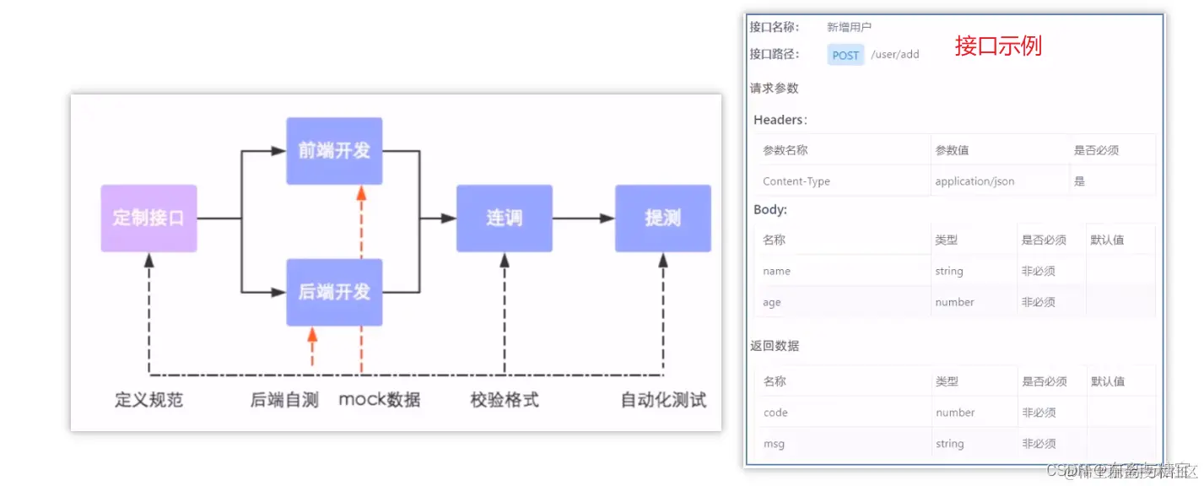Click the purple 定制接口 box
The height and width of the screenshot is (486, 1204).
click(148, 218)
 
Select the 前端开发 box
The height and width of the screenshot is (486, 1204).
click(334, 151)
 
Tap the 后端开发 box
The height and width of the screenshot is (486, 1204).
click(334, 292)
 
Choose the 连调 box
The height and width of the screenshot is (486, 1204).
click(505, 218)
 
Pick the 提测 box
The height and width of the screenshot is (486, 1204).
click(662, 218)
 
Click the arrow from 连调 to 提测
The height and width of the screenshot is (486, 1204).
click(584, 219)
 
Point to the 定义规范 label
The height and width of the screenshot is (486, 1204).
click(148, 400)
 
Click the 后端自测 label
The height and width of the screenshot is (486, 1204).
click(284, 400)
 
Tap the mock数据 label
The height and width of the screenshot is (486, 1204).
click(380, 400)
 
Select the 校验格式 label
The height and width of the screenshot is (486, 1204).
click(505, 400)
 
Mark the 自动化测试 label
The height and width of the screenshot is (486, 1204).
click(663, 400)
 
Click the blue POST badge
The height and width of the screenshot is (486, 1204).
click(845, 55)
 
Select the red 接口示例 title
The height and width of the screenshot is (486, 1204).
click(998, 46)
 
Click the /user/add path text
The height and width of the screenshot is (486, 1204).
click(895, 55)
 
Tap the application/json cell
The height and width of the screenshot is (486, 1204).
click(975, 181)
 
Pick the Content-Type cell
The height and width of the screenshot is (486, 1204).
click(796, 181)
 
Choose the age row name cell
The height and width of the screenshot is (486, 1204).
click(772, 302)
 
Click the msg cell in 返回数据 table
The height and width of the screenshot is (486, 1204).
click(774, 444)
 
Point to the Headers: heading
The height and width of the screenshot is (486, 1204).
click(780, 120)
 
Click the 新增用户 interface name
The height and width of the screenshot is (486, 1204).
click(849, 27)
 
